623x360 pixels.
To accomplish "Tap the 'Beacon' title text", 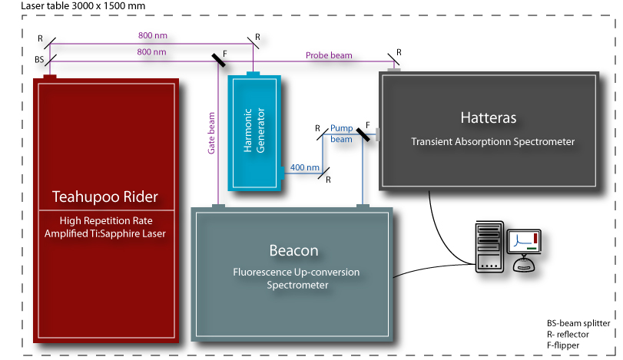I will click(293, 251).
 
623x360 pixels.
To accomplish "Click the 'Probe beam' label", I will click(329, 55).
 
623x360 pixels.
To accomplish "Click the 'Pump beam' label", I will click(341, 134).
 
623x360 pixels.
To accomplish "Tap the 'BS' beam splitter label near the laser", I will click(40, 58).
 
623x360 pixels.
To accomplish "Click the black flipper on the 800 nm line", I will click(218, 59).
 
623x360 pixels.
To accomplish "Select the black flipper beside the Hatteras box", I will click(365, 135).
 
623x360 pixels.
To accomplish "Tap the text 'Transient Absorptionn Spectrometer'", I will click(492, 141).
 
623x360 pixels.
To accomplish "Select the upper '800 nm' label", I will click(151, 35).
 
